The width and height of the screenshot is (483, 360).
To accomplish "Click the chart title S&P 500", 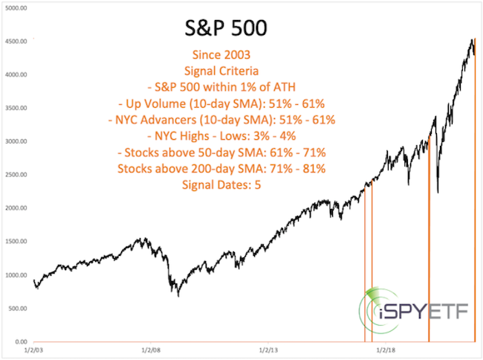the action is pyautogui.click(x=226, y=28).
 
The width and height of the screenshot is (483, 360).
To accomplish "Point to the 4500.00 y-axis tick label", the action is pyautogui.click(x=16, y=42).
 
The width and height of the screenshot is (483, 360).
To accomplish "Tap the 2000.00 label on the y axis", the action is pyautogui.click(x=16, y=208).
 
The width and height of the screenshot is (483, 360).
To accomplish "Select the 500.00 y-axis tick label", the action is pyautogui.click(x=18, y=308).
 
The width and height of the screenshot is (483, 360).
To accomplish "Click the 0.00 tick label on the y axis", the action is pyautogui.click(x=22, y=341).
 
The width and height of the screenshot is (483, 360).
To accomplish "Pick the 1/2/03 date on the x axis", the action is pyautogui.click(x=34, y=350).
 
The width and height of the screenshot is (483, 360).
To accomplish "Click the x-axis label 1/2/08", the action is pyautogui.click(x=151, y=350).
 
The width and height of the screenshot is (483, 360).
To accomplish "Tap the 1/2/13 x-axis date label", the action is pyautogui.click(x=268, y=350).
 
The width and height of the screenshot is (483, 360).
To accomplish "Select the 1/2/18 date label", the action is pyautogui.click(x=386, y=350).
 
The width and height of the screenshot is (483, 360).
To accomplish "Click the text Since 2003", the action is pyautogui.click(x=221, y=55).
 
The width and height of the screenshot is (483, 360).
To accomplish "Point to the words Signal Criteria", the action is pyautogui.click(x=221, y=71).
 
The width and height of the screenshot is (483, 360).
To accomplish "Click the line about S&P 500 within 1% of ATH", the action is pyautogui.click(x=221, y=87).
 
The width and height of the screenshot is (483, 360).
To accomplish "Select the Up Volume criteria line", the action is pyautogui.click(x=221, y=104).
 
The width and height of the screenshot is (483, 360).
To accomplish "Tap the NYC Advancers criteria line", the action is pyautogui.click(x=221, y=120).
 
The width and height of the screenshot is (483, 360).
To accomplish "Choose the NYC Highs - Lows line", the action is pyautogui.click(x=221, y=136).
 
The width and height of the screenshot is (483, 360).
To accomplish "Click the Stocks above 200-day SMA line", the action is pyautogui.click(x=221, y=169).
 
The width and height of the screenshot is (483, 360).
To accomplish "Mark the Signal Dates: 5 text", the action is pyautogui.click(x=221, y=185).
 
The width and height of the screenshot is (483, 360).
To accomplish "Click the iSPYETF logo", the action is pyautogui.click(x=412, y=311).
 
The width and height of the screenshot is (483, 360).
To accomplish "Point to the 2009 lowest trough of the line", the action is pyautogui.click(x=178, y=296).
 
